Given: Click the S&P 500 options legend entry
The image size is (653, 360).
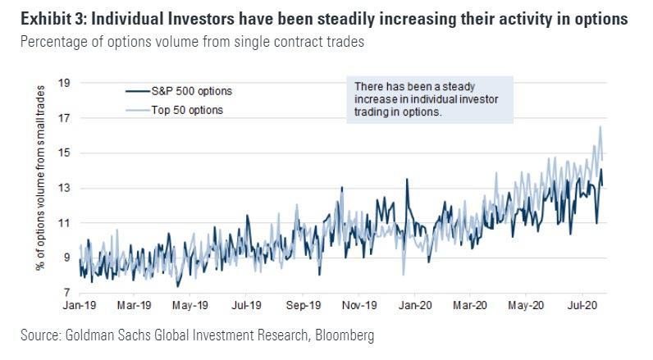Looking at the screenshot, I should [188, 92].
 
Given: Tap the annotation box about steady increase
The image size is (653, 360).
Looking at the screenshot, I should [429, 101].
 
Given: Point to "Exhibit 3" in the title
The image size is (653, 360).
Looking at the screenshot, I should [38, 16].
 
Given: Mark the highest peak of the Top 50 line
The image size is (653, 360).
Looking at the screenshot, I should [601, 126].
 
